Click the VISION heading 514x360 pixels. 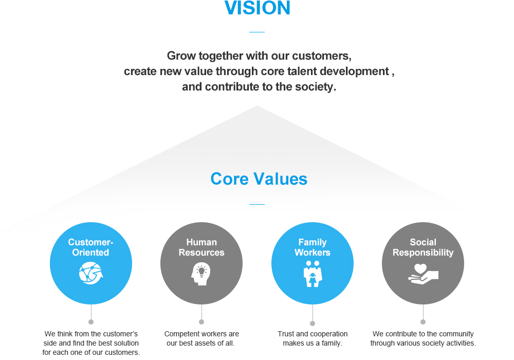(x=258, y=8)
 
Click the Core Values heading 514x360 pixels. (x=259, y=179)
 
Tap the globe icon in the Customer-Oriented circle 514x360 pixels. (x=91, y=273)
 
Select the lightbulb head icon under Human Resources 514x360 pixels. (x=201, y=274)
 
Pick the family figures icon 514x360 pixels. (x=313, y=274)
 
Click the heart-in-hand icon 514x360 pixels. (x=423, y=274)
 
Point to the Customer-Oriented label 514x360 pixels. (x=91, y=247)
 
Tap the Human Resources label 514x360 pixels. (x=201, y=247)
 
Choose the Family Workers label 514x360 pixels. (x=313, y=247)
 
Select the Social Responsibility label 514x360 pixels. (x=423, y=247)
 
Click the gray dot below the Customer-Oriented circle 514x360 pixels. (x=91, y=322)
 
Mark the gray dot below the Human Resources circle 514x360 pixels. (x=201, y=322)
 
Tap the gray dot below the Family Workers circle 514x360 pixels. (x=313, y=323)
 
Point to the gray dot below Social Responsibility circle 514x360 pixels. (x=423, y=322)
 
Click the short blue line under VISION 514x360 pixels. (x=257, y=32)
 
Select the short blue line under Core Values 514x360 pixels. (x=257, y=204)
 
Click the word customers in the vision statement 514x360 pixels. (x=322, y=56)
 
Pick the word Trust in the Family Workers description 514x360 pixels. (x=286, y=334)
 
